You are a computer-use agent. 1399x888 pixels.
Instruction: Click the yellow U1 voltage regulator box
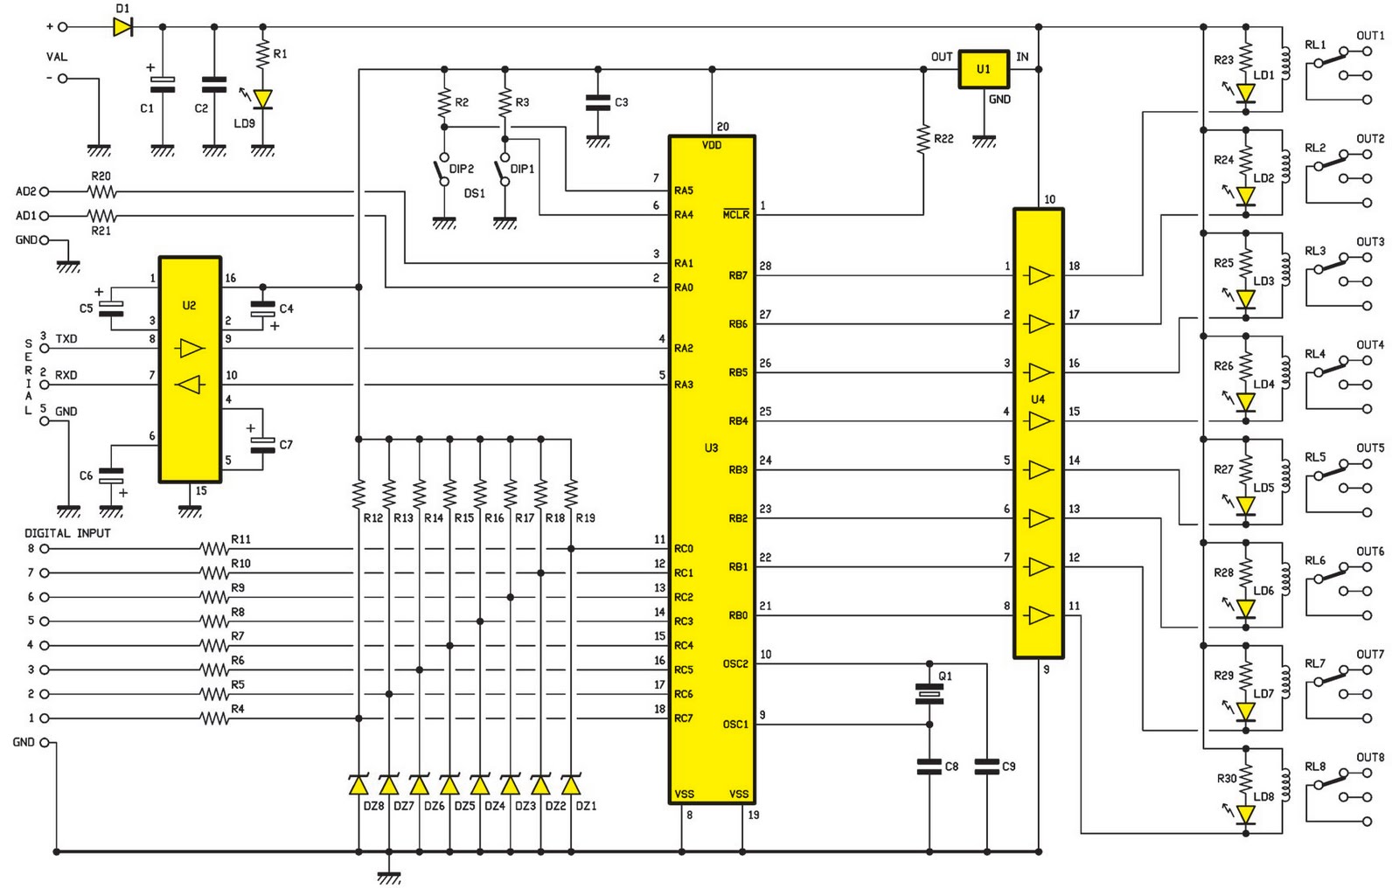click(x=984, y=69)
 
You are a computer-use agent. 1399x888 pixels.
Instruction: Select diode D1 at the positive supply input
click(x=123, y=27)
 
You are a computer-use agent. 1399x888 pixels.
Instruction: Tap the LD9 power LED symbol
click(x=263, y=99)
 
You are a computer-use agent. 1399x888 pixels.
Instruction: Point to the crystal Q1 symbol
click(x=929, y=693)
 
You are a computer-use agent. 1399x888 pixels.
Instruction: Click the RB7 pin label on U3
click(x=738, y=275)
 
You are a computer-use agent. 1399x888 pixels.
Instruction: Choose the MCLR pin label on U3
click(x=735, y=214)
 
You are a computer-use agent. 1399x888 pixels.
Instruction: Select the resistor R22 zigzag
click(x=923, y=139)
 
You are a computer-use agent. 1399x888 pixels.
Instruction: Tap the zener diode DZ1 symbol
click(x=571, y=784)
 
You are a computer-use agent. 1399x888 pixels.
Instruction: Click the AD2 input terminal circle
click(x=45, y=191)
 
